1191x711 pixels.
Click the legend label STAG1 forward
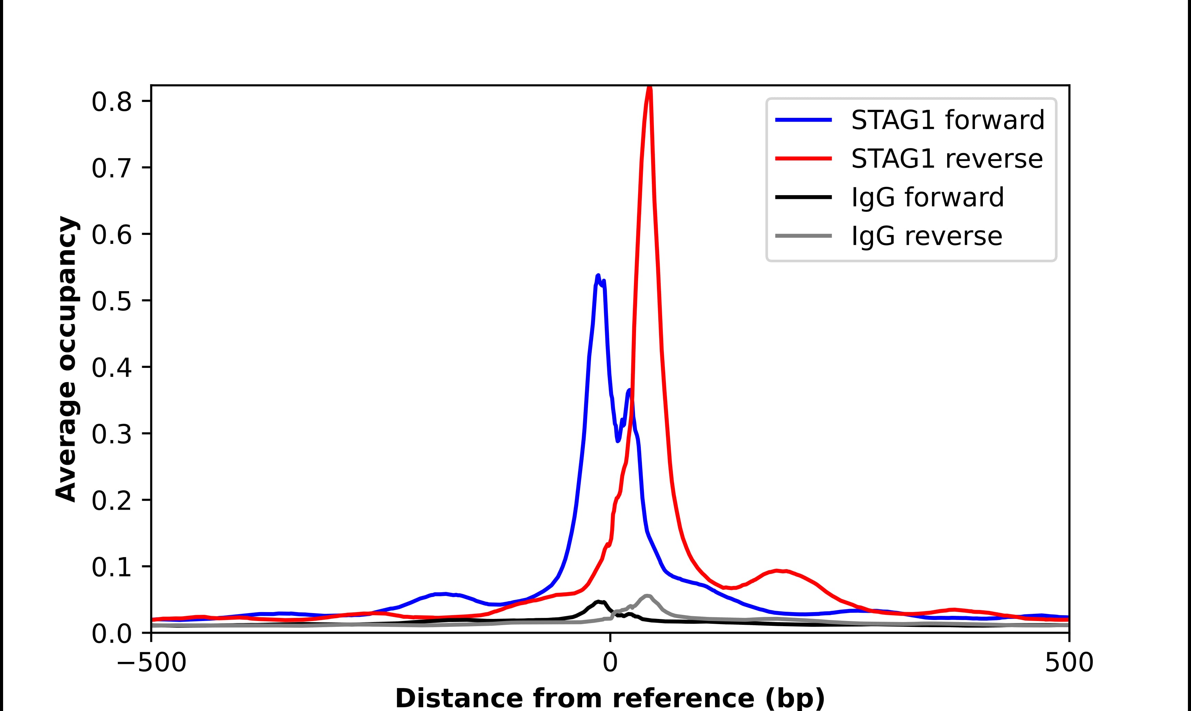[947, 120]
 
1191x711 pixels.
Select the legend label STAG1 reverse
[946, 159]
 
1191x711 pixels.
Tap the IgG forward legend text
[927, 197]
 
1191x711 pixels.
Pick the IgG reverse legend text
[926, 236]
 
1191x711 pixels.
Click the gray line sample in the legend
[804, 236]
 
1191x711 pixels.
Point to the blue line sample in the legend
[804, 120]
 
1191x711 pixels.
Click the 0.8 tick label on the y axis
[111, 102]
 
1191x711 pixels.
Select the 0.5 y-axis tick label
[111, 301]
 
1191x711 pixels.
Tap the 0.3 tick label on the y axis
[111, 434]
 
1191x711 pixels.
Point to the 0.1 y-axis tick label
[111, 567]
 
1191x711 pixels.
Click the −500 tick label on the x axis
[152, 664]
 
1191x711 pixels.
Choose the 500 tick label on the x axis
[1069, 664]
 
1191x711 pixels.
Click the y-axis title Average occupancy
[66, 359]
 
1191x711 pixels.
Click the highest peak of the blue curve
[598, 276]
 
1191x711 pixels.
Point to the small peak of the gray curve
[647, 596]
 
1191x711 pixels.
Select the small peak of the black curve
[599, 601]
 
